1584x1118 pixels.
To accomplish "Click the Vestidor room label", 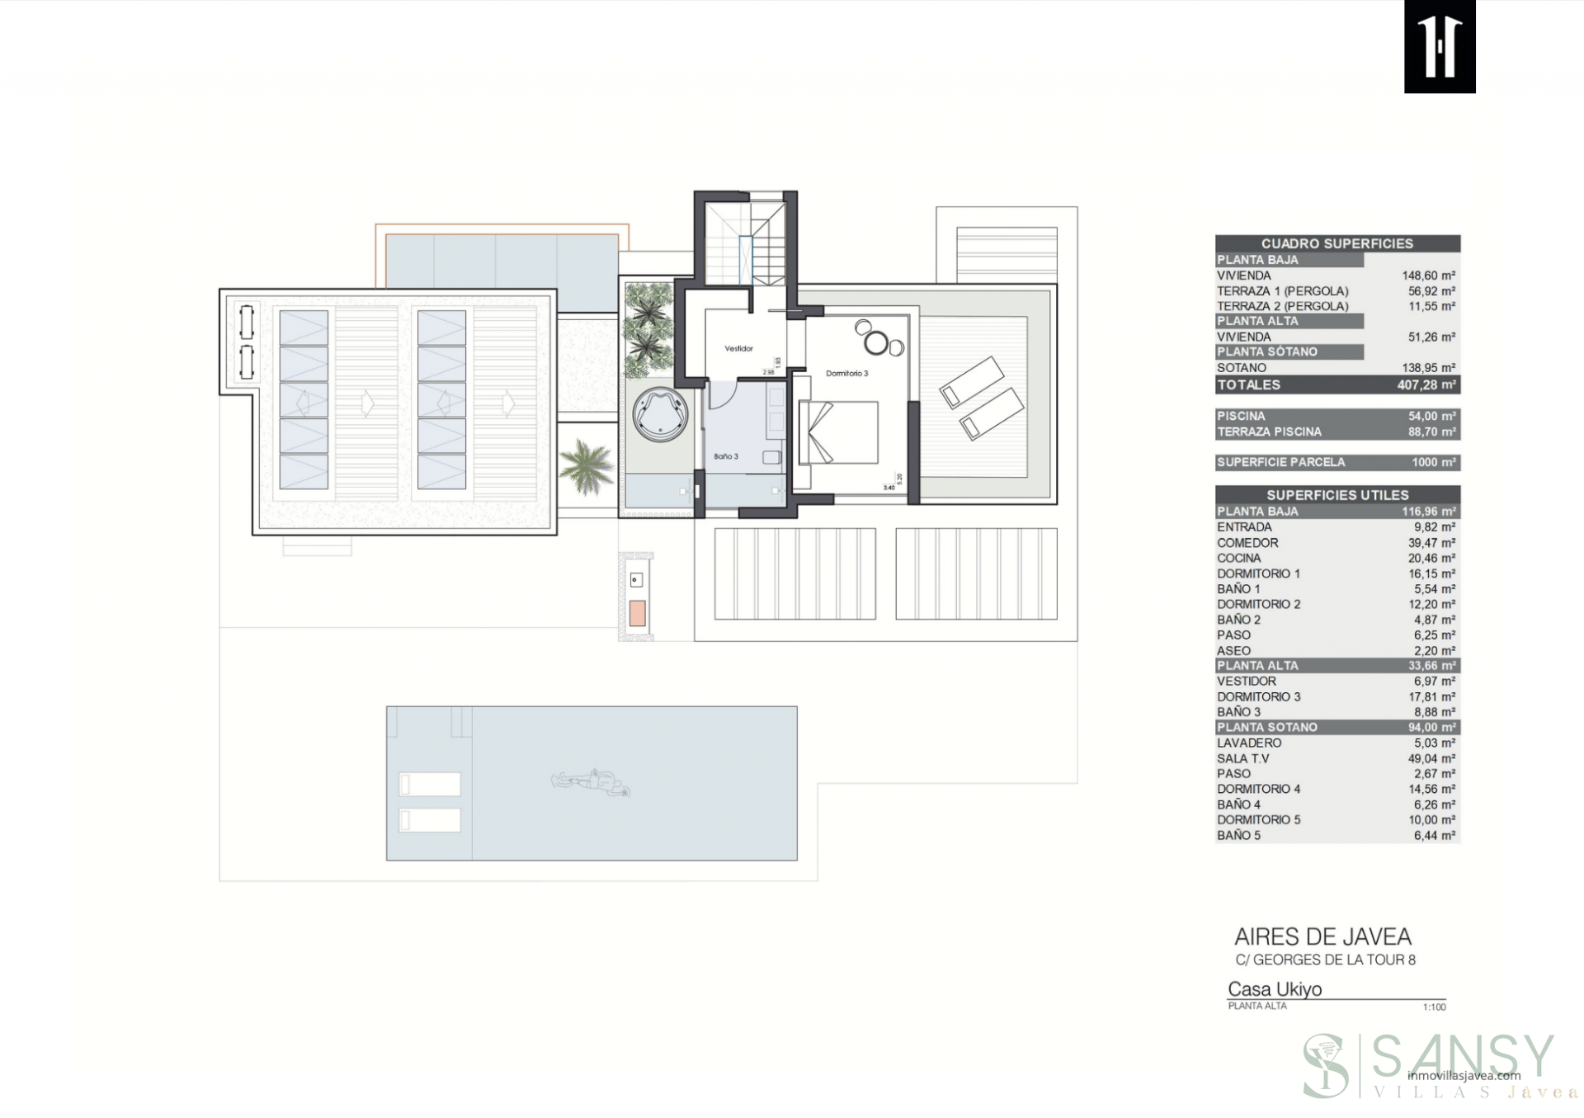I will click(x=738, y=349).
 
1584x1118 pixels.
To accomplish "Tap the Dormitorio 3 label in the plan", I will click(x=846, y=374).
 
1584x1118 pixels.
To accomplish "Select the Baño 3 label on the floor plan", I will click(x=725, y=456).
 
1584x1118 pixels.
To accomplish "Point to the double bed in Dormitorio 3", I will click(x=838, y=432).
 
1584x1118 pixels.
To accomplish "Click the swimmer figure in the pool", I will click(x=592, y=781).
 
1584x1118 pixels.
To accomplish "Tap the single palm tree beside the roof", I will click(x=587, y=466).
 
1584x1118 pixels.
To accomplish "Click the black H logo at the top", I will click(x=1440, y=46).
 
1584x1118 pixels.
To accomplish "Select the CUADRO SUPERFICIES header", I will click(x=1336, y=243).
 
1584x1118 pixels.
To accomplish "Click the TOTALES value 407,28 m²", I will click(x=1426, y=385).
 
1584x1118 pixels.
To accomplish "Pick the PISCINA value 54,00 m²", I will click(x=1431, y=417).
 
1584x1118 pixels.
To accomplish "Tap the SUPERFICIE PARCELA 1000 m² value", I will click(x=1433, y=463).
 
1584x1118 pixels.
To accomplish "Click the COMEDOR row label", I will click(x=1247, y=543).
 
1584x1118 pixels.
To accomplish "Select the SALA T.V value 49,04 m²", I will click(x=1431, y=758).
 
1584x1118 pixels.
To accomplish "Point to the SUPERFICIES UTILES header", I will click(x=1336, y=495).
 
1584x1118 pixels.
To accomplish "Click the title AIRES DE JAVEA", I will click(x=1322, y=937).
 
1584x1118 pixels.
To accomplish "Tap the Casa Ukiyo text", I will click(x=1275, y=989).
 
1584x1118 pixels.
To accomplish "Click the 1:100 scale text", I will click(x=1434, y=1007).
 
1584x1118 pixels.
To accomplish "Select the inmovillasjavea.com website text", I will click(x=1464, y=1075).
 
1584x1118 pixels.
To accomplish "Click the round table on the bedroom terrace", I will click(x=877, y=341).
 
